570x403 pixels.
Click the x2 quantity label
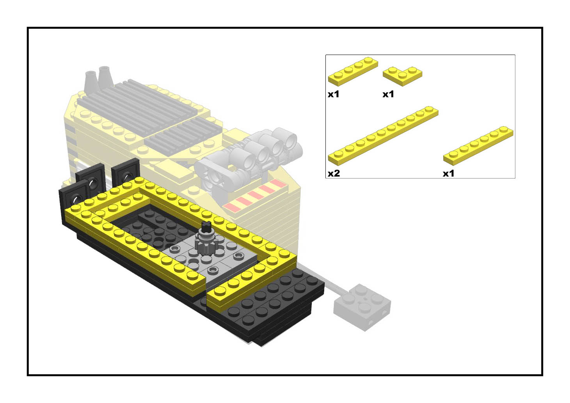pyautogui.click(x=334, y=174)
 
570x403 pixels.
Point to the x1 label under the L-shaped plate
pyautogui.click(x=388, y=94)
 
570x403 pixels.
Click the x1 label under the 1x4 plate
pyautogui.click(x=333, y=94)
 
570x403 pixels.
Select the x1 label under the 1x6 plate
pyautogui.click(x=448, y=174)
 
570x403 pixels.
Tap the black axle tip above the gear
pyautogui.click(x=206, y=225)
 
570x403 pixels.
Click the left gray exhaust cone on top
pyautogui.click(x=91, y=81)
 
